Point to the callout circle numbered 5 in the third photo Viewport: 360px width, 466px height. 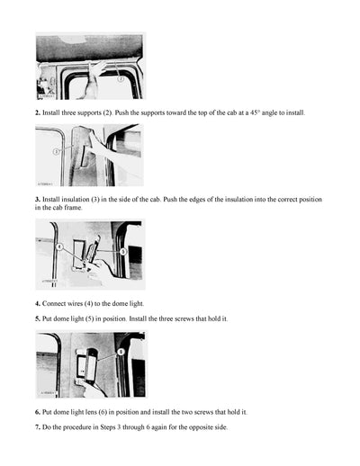click(123, 254)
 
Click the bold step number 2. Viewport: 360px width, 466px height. click(38, 113)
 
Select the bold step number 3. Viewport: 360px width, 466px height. click(38, 198)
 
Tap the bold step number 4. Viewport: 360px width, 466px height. click(38, 303)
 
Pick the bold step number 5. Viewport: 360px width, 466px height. click(38, 318)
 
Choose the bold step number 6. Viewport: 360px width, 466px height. click(38, 411)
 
